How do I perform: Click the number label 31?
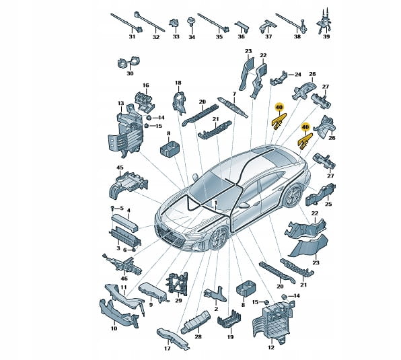(132, 36)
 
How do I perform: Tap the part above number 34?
(190, 22)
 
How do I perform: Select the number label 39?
(326, 36)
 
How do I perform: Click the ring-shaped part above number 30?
(129, 62)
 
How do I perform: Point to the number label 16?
(146, 85)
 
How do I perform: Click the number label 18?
(178, 83)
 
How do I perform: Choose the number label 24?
(297, 75)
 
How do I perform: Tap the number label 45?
(120, 168)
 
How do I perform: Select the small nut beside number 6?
(133, 249)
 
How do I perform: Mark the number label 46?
(124, 279)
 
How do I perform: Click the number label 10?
(114, 328)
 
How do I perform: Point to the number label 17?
(168, 349)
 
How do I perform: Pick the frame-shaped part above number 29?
(177, 285)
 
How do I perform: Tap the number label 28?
(198, 336)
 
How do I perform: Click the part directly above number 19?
(229, 322)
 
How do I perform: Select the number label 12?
(271, 347)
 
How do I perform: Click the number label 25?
(328, 204)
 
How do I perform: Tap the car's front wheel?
(219, 238)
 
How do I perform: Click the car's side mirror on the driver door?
(244, 205)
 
